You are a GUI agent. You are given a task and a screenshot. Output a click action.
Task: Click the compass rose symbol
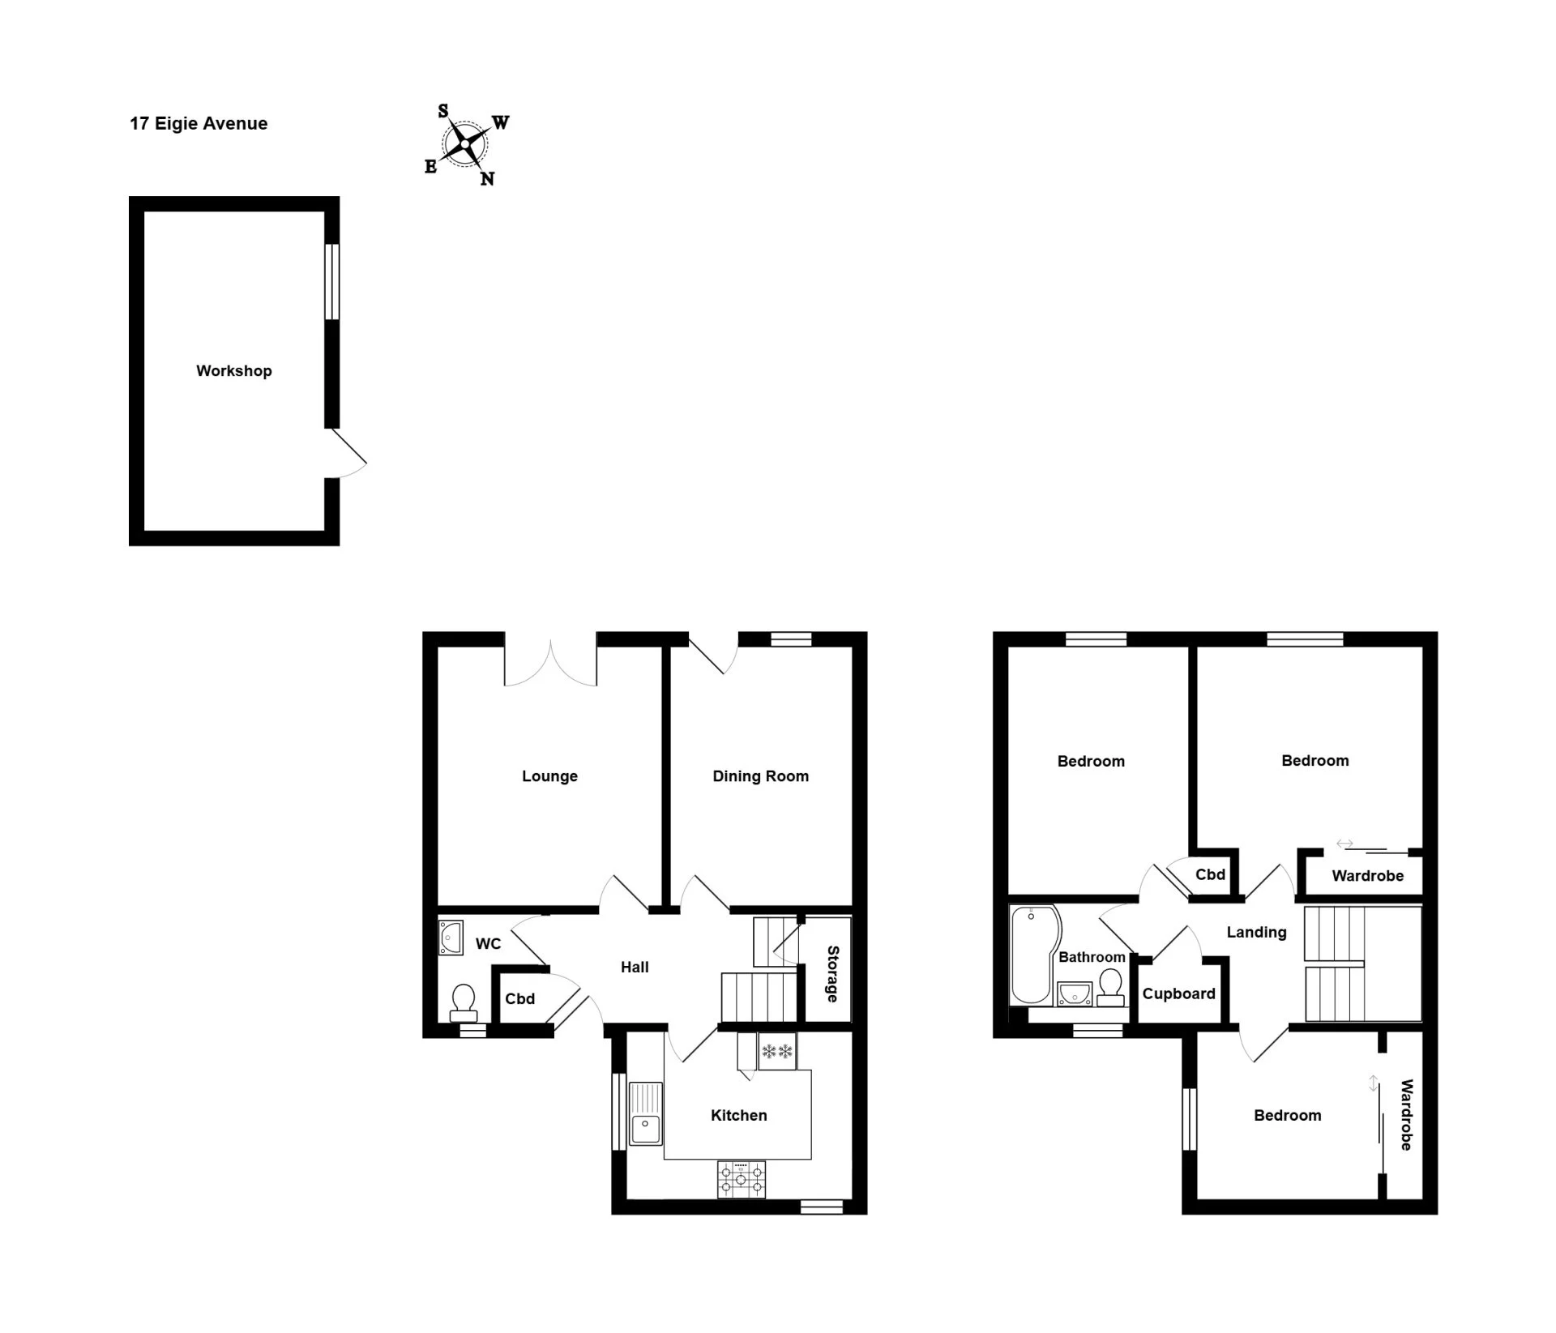pos(466,145)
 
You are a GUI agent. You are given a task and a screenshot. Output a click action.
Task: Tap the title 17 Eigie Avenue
pos(199,123)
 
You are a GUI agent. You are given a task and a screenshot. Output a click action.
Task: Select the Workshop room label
pos(234,370)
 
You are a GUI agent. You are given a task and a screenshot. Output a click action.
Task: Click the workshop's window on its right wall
pos(331,281)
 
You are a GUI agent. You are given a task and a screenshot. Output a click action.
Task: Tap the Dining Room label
pos(760,775)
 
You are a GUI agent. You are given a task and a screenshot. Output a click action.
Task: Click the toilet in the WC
pos(464,1002)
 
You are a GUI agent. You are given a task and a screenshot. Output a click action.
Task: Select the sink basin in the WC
pos(451,938)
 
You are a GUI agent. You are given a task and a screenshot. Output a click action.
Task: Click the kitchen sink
pos(646,1113)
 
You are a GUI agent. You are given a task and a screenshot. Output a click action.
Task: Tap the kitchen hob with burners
pos(741,1179)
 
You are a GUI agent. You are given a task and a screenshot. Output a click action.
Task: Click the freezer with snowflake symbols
pos(777,1051)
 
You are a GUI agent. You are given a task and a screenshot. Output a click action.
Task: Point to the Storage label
pos(832,973)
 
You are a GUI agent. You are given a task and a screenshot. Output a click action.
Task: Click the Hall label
pos(635,967)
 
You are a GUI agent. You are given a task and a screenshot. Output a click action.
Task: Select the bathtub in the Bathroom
pos(1035,955)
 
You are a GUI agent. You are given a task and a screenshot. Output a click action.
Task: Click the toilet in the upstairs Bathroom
pos(1110,988)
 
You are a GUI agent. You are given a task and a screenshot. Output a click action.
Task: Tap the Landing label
pos(1256,932)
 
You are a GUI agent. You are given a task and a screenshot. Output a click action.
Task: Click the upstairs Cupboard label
pos(1178,993)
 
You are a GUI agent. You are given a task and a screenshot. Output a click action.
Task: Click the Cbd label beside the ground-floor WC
pos(519,998)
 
